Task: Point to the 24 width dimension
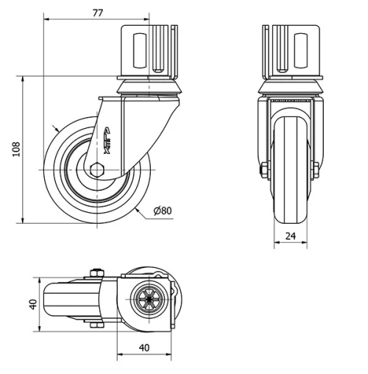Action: pyautogui.click(x=290, y=236)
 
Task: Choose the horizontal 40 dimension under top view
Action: pyautogui.click(x=144, y=347)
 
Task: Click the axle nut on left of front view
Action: pyautogui.click(x=263, y=170)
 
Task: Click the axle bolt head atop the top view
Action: pyautogui.click(x=95, y=275)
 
